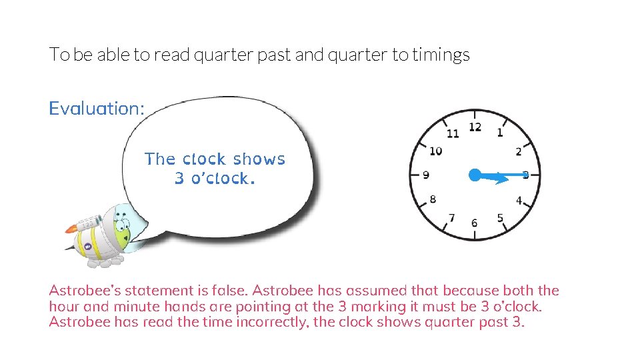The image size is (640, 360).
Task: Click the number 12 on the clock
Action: click(x=475, y=127)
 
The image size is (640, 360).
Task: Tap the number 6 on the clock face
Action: click(x=474, y=223)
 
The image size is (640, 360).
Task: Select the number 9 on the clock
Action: click(x=426, y=175)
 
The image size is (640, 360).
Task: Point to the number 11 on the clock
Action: click(x=453, y=133)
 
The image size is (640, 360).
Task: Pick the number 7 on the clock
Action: click(x=452, y=217)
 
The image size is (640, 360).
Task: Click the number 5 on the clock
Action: click(x=500, y=218)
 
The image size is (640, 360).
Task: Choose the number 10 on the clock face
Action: click(x=435, y=151)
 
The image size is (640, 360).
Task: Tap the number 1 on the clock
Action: click(x=500, y=133)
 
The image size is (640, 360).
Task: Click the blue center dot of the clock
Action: click(x=475, y=175)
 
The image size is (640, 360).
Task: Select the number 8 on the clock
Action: click(x=433, y=199)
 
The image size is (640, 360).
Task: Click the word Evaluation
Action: click(x=96, y=109)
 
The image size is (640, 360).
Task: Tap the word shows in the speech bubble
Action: click(x=259, y=159)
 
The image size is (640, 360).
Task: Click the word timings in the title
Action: click(x=441, y=55)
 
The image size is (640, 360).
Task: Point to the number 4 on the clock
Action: click(x=519, y=200)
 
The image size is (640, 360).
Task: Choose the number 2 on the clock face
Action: click(x=518, y=153)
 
